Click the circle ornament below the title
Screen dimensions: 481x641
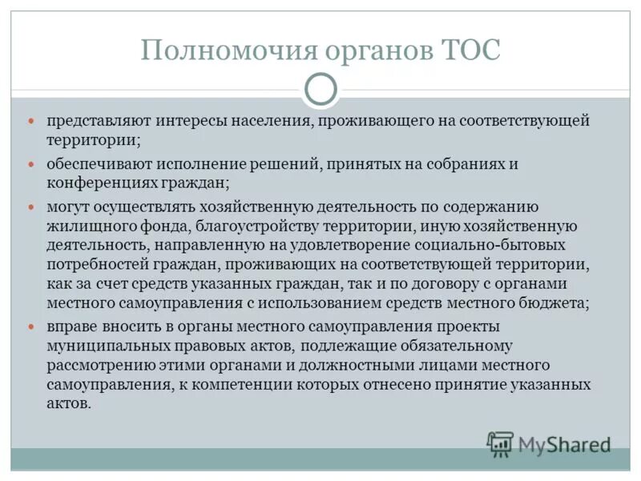tap(320, 91)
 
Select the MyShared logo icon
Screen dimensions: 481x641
tap(501, 443)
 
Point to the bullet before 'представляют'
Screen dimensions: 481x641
tap(33, 121)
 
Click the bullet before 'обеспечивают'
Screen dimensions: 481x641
tap(33, 164)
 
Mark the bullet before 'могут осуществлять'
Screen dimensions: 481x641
tap(33, 207)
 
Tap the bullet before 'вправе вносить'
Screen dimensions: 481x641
tap(33, 327)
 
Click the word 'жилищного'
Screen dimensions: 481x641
tap(83, 226)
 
